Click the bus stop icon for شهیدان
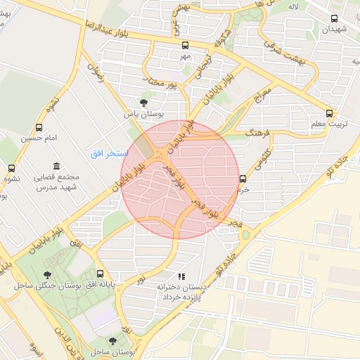[x=334, y=19]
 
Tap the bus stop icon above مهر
[x=185, y=44]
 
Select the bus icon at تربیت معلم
[x=329, y=114]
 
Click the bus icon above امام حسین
[x=39, y=128]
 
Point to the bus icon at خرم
[x=243, y=179]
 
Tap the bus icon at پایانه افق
[x=100, y=274]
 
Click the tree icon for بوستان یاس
[x=144, y=103]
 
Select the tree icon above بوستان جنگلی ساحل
[x=47, y=275]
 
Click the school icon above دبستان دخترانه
[x=181, y=277]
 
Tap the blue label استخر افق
[x=108, y=153]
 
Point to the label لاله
[x=294, y=6]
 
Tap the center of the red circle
[x=181, y=179]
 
